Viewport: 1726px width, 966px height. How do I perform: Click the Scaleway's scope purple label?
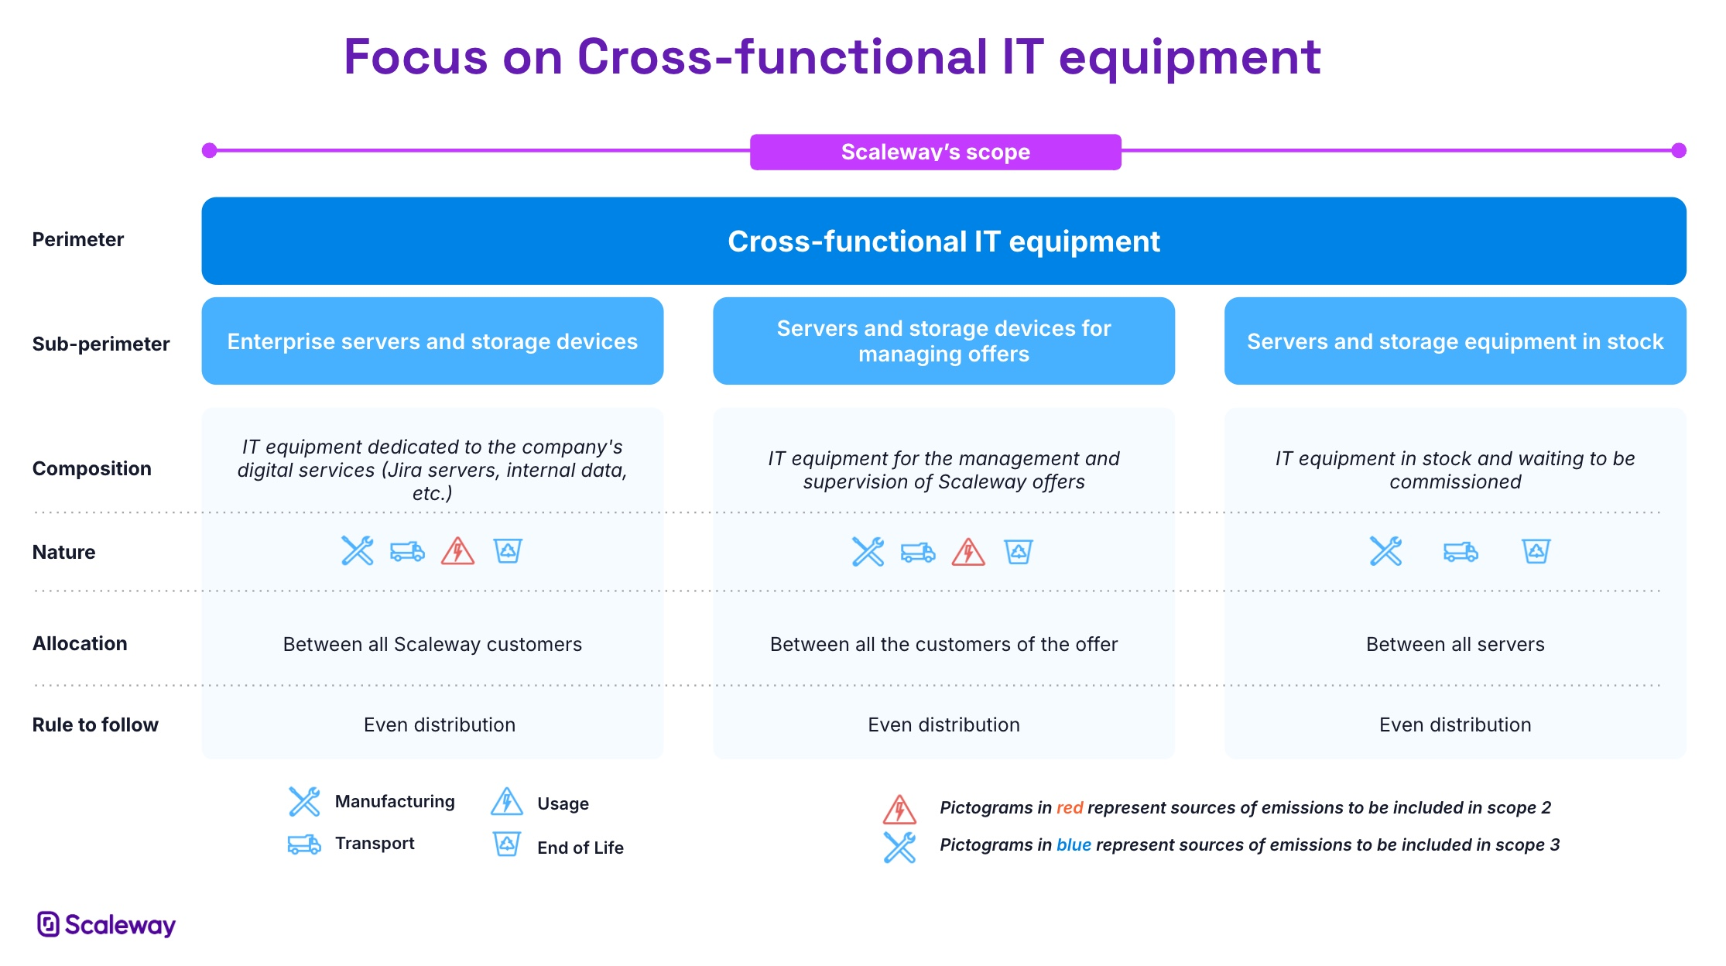click(935, 152)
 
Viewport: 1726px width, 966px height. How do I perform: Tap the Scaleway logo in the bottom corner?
click(107, 924)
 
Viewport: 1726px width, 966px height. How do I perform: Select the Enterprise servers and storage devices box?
click(433, 341)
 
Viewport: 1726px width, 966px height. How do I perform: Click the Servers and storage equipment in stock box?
click(1455, 341)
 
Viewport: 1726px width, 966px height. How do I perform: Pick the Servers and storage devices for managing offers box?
click(943, 341)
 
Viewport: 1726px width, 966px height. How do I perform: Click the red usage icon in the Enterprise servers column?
click(457, 551)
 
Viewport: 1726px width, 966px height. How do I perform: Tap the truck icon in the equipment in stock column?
click(1461, 552)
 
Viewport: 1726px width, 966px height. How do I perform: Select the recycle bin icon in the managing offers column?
click(1019, 552)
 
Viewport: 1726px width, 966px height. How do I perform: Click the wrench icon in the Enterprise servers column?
click(358, 551)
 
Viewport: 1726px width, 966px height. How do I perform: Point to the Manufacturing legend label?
click(395, 801)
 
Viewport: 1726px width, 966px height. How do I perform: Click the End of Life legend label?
click(580, 848)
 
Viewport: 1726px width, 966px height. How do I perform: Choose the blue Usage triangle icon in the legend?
click(507, 802)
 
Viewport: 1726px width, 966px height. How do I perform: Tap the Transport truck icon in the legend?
click(304, 844)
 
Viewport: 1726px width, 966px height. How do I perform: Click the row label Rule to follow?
click(95, 724)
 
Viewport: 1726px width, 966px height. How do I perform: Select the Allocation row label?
click(80, 643)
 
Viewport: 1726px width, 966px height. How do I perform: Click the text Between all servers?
click(1455, 644)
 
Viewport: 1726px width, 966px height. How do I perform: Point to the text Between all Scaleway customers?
click(433, 644)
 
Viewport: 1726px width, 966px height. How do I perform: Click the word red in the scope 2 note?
click(1070, 808)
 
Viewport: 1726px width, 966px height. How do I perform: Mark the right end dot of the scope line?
click(1679, 150)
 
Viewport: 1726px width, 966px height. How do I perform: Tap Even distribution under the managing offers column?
click(943, 724)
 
